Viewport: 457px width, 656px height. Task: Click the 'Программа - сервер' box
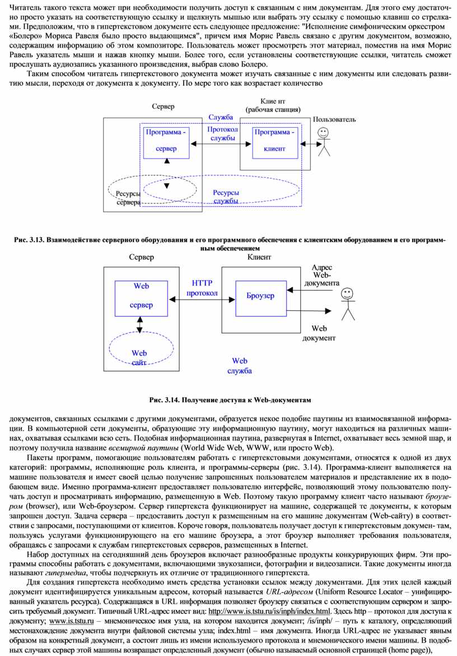tap(166, 143)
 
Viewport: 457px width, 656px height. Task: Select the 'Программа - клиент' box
tap(275, 143)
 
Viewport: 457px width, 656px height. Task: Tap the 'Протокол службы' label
tap(222, 133)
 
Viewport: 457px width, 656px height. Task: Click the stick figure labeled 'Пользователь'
tap(323, 142)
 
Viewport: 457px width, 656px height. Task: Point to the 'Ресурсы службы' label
tap(226, 197)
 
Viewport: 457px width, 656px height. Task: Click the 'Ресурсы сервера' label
tap(128, 198)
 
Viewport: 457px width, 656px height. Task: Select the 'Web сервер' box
tap(141, 298)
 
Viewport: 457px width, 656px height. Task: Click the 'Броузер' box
tap(261, 298)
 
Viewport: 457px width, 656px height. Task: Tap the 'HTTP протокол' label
tap(202, 289)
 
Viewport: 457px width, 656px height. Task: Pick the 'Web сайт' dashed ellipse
tap(141, 332)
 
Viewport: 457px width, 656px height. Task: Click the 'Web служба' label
tap(240, 366)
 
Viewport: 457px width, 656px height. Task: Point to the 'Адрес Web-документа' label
tap(321, 275)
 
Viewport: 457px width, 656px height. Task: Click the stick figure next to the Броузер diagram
tap(348, 304)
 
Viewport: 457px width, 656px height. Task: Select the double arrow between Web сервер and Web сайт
tap(140, 324)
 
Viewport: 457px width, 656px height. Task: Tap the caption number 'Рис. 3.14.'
tap(164, 400)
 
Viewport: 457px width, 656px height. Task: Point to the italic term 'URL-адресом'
tap(290, 592)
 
